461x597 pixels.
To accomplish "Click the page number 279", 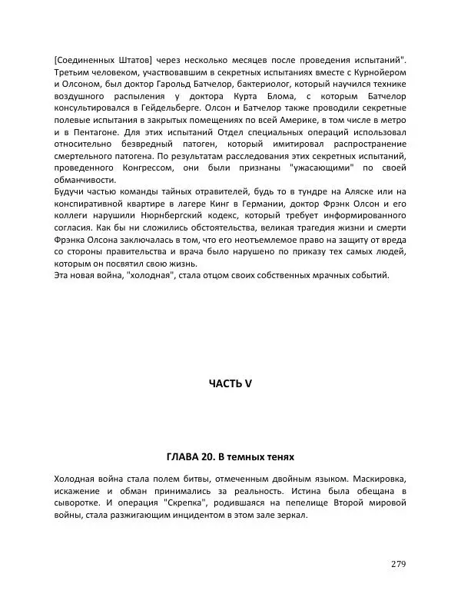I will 398,565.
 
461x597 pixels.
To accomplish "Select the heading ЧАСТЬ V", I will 230,384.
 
